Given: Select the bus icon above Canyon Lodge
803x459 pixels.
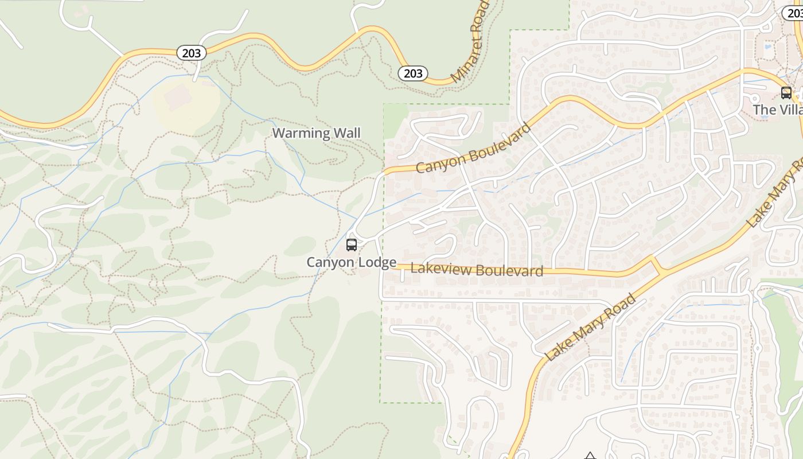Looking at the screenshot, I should [x=352, y=245].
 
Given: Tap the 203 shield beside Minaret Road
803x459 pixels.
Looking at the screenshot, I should [x=413, y=73].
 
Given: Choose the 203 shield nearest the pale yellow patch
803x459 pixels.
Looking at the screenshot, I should [x=191, y=53].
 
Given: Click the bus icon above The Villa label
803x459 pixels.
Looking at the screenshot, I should [x=786, y=92].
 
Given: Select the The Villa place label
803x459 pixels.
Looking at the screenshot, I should [x=778, y=110].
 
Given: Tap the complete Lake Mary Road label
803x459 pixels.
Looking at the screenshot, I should [x=591, y=327].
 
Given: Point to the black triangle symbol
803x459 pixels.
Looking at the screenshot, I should [x=590, y=456].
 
